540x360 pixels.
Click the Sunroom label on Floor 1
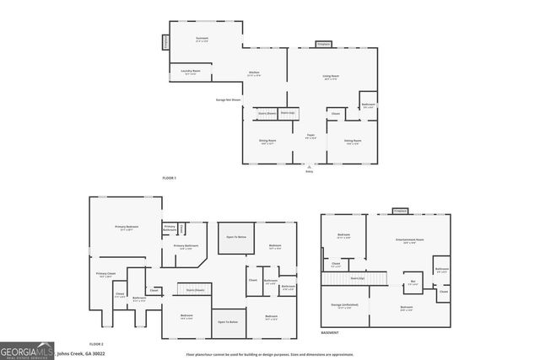click(202, 40)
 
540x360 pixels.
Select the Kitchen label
click(253, 74)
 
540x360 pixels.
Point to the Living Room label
click(330, 78)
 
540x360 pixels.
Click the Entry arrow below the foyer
click(309, 167)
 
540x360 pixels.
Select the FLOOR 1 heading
click(170, 178)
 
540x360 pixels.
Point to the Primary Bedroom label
click(127, 228)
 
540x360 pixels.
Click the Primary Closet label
click(105, 274)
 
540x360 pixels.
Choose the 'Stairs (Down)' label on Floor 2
click(195, 289)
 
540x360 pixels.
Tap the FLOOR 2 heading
click(96, 343)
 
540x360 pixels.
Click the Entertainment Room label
click(409, 240)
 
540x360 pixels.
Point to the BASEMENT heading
click(330, 332)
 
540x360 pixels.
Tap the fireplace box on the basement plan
click(399, 210)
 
